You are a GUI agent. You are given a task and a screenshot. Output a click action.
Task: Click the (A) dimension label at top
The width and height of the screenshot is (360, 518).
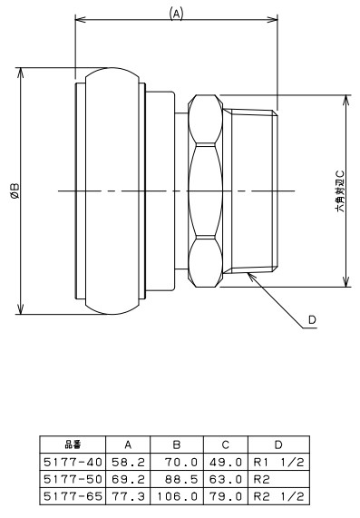176,15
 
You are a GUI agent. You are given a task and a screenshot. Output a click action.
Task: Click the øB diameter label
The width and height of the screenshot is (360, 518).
15,191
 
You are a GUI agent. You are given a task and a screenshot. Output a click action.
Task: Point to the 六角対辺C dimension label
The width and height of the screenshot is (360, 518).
340,191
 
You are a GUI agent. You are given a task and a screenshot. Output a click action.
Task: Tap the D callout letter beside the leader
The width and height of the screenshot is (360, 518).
312,320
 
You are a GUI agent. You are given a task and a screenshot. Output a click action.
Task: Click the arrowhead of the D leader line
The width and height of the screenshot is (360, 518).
249,275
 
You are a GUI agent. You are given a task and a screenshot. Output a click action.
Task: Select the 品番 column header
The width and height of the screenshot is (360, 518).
73,445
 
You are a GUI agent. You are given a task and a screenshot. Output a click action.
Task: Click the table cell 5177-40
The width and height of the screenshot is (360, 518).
73,462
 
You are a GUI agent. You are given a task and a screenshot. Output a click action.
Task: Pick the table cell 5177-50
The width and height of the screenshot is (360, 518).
73,479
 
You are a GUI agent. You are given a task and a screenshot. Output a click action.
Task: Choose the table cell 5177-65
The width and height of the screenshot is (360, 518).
73,496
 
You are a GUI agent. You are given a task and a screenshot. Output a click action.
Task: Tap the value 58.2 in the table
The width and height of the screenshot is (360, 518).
128,462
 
